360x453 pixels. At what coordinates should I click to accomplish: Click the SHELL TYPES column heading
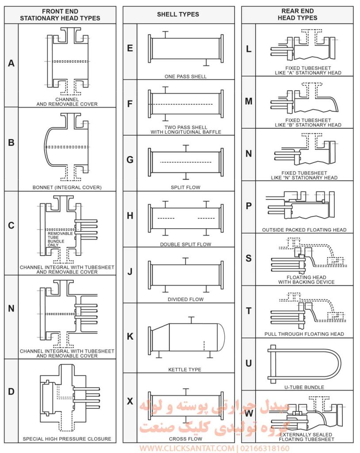click(x=178, y=15)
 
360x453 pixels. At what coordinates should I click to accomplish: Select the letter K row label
click(x=130, y=337)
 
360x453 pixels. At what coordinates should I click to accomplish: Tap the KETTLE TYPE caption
click(x=185, y=369)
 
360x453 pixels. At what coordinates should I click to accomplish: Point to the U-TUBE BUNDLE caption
click(x=304, y=387)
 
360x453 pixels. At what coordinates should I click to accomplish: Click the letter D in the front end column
click(x=11, y=392)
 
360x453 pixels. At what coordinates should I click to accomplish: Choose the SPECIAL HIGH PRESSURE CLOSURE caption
click(x=67, y=439)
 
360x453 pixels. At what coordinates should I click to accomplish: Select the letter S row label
click(x=249, y=258)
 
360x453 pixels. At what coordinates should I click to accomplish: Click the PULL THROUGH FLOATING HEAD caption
click(x=304, y=334)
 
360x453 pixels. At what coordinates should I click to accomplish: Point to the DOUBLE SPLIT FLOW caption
click(x=186, y=244)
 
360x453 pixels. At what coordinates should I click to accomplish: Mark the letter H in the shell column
click(x=130, y=216)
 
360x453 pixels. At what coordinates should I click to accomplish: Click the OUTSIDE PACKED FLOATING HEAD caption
click(x=304, y=230)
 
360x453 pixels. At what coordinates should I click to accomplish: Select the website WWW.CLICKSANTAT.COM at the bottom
click(x=188, y=448)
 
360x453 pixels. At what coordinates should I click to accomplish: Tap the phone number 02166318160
click(x=264, y=448)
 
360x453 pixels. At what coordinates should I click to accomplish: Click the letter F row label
click(x=130, y=104)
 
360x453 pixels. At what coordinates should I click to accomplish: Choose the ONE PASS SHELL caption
click(x=186, y=77)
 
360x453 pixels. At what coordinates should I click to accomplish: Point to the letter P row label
click(x=249, y=206)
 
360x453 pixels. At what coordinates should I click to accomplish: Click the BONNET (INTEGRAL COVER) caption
click(x=67, y=187)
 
